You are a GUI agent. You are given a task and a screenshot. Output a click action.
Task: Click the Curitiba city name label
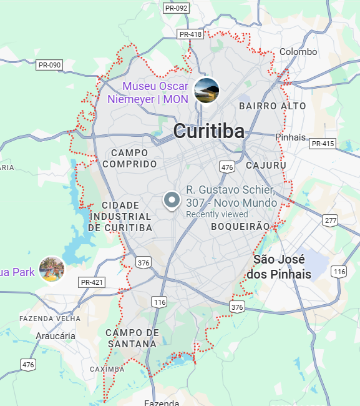[x=208, y=131]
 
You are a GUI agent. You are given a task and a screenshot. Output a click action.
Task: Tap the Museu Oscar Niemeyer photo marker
[x=207, y=91]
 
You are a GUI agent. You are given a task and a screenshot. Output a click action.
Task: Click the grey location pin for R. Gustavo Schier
[x=172, y=200]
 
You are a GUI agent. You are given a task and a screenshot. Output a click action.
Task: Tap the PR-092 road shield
[x=176, y=8]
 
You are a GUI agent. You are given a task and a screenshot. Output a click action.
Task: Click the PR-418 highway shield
[x=190, y=34]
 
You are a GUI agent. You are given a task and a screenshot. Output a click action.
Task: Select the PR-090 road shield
[x=49, y=64]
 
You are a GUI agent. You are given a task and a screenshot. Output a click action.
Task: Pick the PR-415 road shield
[x=323, y=144]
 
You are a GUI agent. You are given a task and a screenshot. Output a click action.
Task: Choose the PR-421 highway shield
[x=92, y=282]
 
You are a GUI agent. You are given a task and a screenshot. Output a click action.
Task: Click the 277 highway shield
[x=330, y=220]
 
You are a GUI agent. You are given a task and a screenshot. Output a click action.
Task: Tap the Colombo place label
[x=298, y=52]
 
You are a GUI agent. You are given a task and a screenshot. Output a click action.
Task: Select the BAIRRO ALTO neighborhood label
[x=273, y=106]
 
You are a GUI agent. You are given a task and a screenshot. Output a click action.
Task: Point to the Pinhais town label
[x=290, y=137]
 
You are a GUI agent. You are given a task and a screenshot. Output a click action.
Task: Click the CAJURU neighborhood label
[x=266, y=166]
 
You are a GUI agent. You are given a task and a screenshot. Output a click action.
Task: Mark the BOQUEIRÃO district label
[x=240, y=226]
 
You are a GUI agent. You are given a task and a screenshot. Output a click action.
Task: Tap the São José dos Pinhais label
[x=279, y=267]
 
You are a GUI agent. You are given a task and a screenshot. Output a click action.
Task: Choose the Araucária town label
[x=56, y=335]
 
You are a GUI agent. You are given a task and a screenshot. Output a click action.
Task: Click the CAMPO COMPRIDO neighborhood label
[x=130, y=158]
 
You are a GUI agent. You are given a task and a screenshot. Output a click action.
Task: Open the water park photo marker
[x=52, y=269]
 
